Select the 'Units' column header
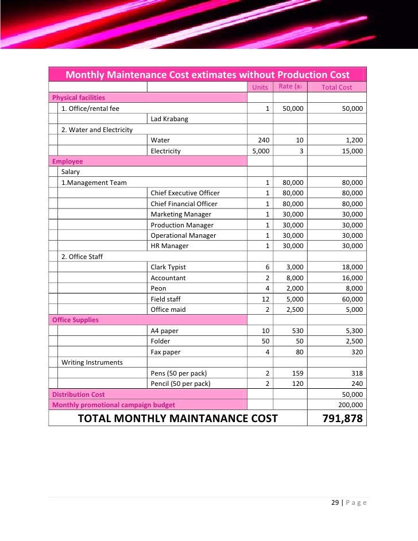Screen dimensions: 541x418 (x=260, y=87)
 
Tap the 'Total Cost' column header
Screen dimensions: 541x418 (x=336, y=87)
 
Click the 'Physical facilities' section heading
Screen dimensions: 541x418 (x=79, y=98)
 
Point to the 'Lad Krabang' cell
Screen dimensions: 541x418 (x=169, y=119)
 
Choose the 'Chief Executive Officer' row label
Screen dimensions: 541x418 (x=185, y=193)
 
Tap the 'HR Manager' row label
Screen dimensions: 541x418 (x=169, y=246)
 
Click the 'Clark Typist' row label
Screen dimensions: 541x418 (x=168, y=267)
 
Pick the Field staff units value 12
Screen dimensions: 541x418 (x=266, y=299)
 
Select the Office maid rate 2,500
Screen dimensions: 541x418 (x=294, y=310)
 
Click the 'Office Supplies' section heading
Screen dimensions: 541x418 (x=75, y=320)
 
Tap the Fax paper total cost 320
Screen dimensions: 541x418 (x=357, y=352)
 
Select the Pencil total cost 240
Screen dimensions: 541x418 (x=357, y=384)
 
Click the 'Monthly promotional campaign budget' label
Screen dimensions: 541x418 (x=114, y=405)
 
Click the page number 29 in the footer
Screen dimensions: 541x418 (x=335, y=503)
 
